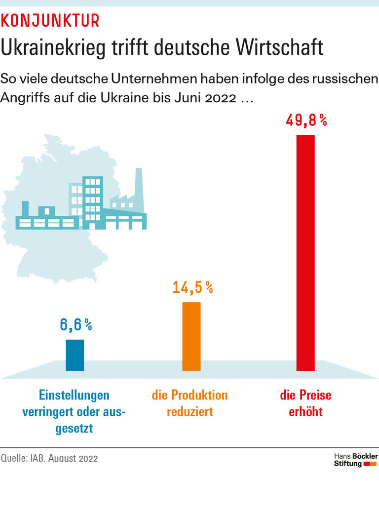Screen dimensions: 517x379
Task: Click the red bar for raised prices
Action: pos(305,252)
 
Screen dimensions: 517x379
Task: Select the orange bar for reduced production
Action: pos(191,336)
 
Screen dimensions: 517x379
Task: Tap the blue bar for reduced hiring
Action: pos(75,355)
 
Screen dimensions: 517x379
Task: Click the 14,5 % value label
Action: pos(192,287)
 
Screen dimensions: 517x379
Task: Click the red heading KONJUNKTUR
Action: pos(50,21)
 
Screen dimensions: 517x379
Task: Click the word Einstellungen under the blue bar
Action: pos(75,396)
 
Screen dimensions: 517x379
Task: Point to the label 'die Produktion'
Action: pos(190,395)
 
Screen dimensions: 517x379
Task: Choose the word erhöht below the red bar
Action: pos(305,411)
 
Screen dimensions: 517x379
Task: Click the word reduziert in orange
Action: pos(190,411)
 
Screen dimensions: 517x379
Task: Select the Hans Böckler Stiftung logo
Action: pos(356,460)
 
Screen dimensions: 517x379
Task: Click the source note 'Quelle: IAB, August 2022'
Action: pos(49,458)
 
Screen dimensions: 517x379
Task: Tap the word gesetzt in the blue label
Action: pos(75,428)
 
